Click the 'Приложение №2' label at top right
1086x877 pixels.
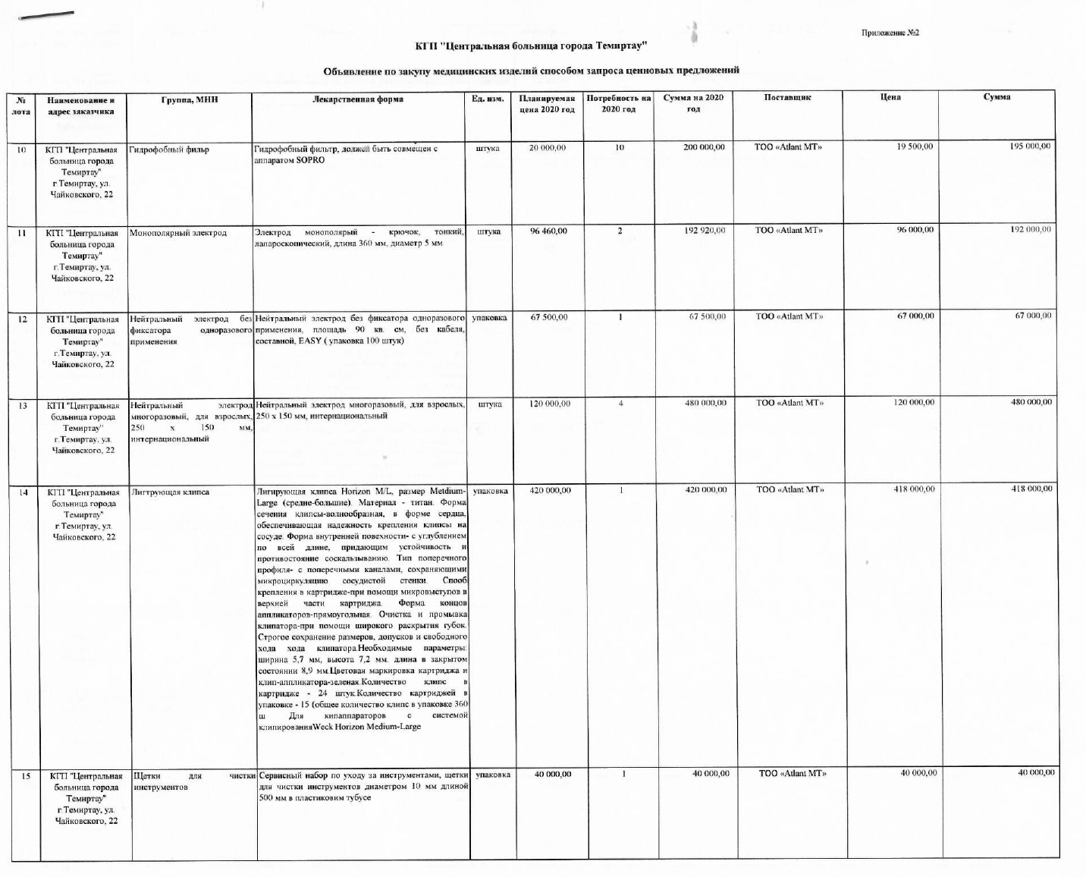890,33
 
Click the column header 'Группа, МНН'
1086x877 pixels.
190,99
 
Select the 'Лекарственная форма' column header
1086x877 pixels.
358,99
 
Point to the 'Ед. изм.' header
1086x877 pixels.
488,99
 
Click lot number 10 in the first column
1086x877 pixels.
22,149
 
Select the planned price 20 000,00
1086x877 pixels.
548,148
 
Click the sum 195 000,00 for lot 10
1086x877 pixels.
1030,146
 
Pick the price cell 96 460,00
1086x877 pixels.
548,231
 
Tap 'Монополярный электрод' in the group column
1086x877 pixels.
178,233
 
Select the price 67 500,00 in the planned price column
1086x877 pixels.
549,317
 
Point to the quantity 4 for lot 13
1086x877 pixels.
620,404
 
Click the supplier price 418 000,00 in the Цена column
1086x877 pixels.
914,489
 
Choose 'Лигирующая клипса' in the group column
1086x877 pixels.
171,492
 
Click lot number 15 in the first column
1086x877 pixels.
26,775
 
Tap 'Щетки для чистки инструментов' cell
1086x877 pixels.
192,781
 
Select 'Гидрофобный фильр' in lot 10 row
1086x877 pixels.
169,149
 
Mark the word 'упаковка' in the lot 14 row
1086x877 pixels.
491,491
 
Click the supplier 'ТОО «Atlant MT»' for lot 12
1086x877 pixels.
789,316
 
